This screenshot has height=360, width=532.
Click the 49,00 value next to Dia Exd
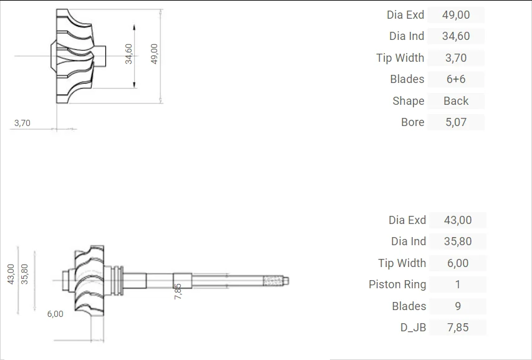pyautogui.click(x=456, y=15)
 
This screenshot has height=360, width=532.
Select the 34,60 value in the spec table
pyautogui.click(x=456, y=36)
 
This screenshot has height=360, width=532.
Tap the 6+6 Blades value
pyautogui.click(x=456, y=79)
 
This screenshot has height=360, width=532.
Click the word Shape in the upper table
pyautogui.click(x=408, y=101)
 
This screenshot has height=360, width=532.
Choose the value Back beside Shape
pyautogui.click(x=456, y=101)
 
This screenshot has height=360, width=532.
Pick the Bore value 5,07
pyautogui.click(x=456, y=122)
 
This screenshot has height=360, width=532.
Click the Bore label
pyautogui.click(x=413, y=122)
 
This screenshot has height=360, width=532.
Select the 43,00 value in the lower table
pyautogui.click(x=458, y=220)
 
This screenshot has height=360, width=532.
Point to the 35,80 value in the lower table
pyautogui.click(x=458, y=241)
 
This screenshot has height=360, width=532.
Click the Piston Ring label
pyautogui.click(x=397, y=285)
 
